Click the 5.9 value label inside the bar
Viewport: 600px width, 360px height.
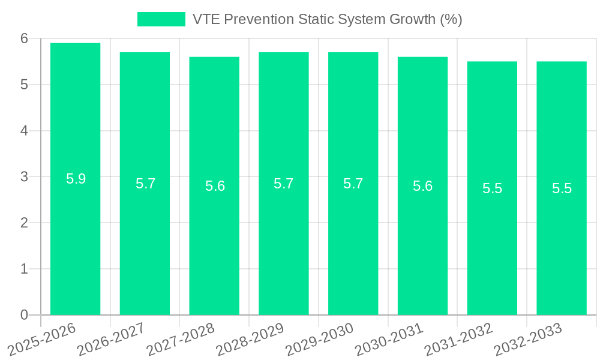pyautogui.click(x=76, y=179)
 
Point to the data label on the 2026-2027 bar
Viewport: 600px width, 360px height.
pyautogui.click(x=145, y=184)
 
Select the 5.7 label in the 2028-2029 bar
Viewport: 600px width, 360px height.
pyautogui.click(x=284, y=184)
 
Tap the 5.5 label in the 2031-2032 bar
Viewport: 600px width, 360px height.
pyautogui.click(x=492, y=188)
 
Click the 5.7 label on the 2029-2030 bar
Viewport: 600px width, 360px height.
pyautogui.click(x=353, y=184)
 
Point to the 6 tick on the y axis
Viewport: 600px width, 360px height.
pyautogui.click(x=25, y=38)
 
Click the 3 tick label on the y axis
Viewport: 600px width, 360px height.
pyautogui.click(x=25, y=177)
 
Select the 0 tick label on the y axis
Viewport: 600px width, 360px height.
pyautogui.click(x=25, y=315)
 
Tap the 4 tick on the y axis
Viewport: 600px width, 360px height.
pyautogui.click(x=25, y=131)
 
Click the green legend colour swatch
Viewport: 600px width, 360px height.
pyautogui.click(x=161, y=19)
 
